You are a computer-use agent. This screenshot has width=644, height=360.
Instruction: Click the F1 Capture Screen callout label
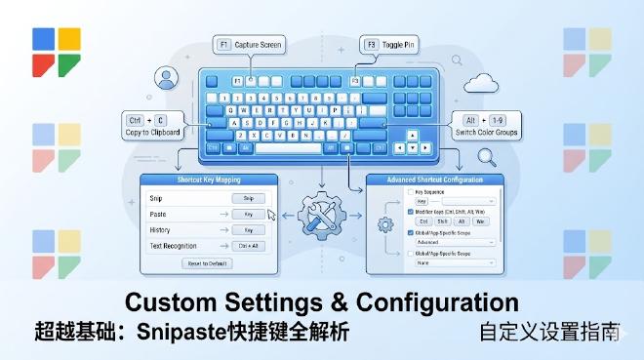(x=251, y=44)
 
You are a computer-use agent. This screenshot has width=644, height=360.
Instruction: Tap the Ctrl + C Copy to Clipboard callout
(x=150, y=125)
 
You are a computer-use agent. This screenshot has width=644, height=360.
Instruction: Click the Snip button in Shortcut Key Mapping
(x=248, y=198)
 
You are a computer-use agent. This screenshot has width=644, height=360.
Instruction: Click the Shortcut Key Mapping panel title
(x=209, y=180)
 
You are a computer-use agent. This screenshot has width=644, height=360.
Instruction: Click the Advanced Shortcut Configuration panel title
(x=435, y=180)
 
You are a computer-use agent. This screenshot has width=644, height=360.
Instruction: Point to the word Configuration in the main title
(x=435, y=301)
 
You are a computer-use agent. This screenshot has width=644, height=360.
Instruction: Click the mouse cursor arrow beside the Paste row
(x=271, y=214)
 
